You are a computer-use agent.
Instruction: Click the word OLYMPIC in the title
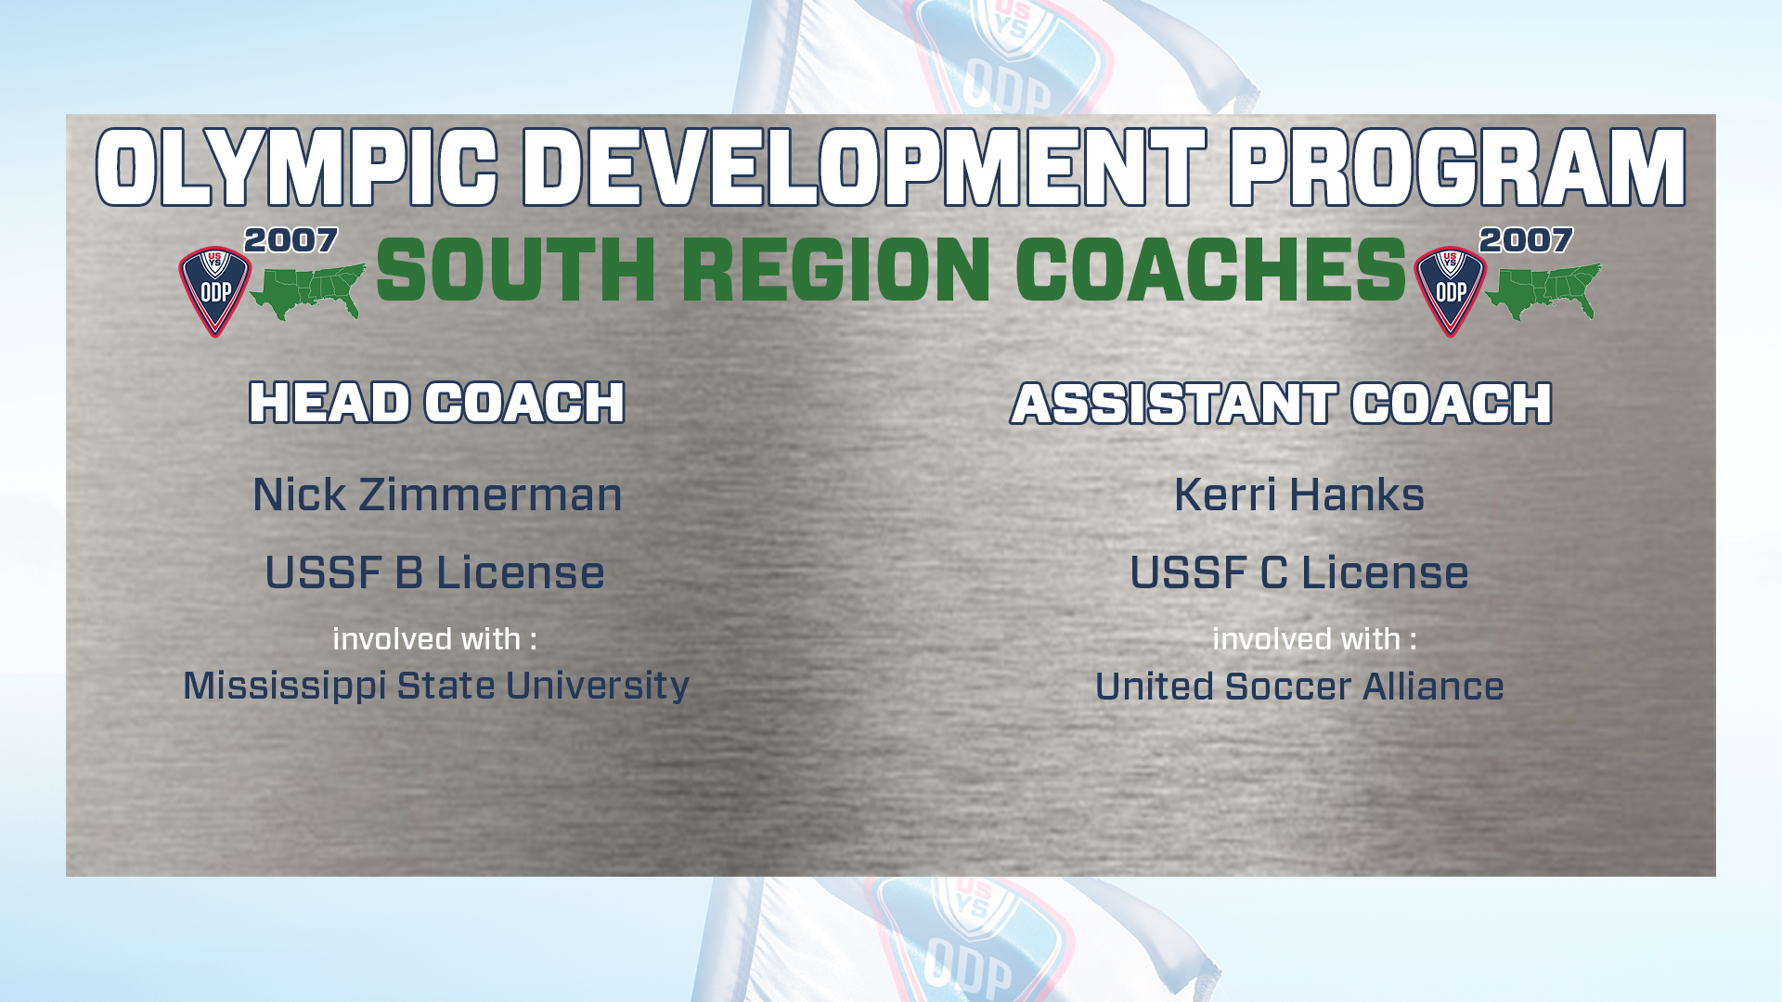click(297, 168)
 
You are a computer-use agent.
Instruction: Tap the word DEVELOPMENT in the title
click(864, 168)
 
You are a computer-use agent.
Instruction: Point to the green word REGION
click(836, 270)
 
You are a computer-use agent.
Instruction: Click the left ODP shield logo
click(215, 291)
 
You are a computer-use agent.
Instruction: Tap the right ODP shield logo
click(1451, 291)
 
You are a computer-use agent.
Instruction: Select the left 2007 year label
click(291, 240)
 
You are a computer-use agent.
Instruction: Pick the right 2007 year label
click(1527, 240)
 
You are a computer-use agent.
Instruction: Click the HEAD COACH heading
click(437, 403)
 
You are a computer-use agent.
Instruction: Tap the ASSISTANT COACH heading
click(1282, 404)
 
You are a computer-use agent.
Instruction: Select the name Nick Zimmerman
click(437, 495)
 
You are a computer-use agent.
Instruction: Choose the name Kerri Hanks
click(1299, 495)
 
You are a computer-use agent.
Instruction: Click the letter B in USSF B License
click(409, 572)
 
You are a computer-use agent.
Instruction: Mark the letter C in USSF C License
click(1274, 572)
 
